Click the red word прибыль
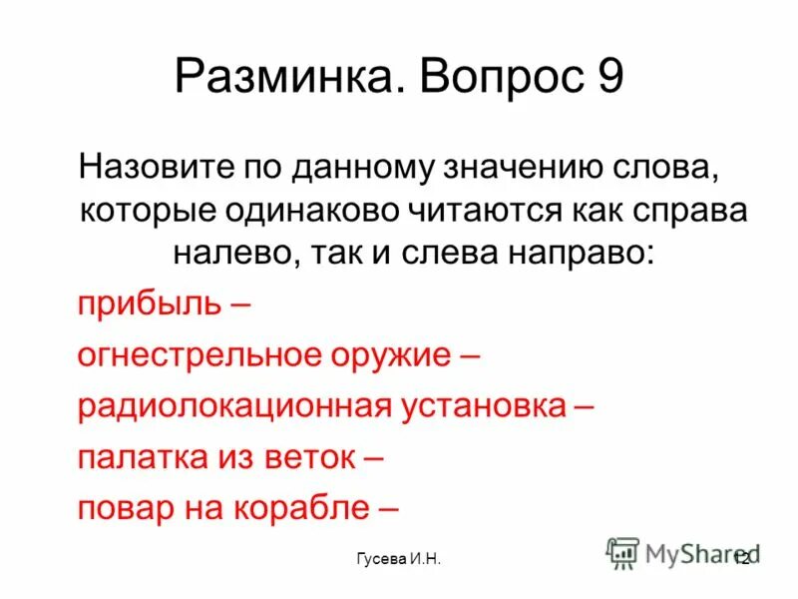149,302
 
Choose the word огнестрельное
199,354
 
